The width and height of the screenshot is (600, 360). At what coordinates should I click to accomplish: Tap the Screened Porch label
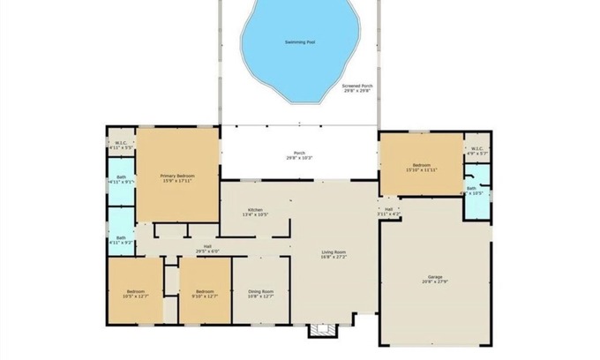[357, 86]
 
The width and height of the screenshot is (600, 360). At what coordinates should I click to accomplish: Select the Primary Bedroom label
[177, 176]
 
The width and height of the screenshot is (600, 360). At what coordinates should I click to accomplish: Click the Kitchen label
[254, 209]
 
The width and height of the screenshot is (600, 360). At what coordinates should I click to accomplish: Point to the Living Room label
[334, 253]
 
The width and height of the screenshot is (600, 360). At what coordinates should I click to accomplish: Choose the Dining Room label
[260, 292]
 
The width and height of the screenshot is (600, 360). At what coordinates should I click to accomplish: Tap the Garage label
[435, 276]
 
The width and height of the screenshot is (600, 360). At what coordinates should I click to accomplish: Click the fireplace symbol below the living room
[321, 330]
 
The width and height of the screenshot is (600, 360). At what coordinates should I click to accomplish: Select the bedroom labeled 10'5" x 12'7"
[135, 292]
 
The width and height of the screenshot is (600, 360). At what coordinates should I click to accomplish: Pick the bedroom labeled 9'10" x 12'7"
[205, 292]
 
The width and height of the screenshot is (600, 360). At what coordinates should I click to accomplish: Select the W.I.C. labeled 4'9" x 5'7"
[476, 149]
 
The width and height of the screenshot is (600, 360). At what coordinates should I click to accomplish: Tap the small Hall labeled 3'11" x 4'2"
[388, 210]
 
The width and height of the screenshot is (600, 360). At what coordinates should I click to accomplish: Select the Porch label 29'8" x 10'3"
[299, 154]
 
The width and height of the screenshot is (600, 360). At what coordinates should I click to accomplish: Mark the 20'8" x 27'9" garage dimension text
[435, 281]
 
